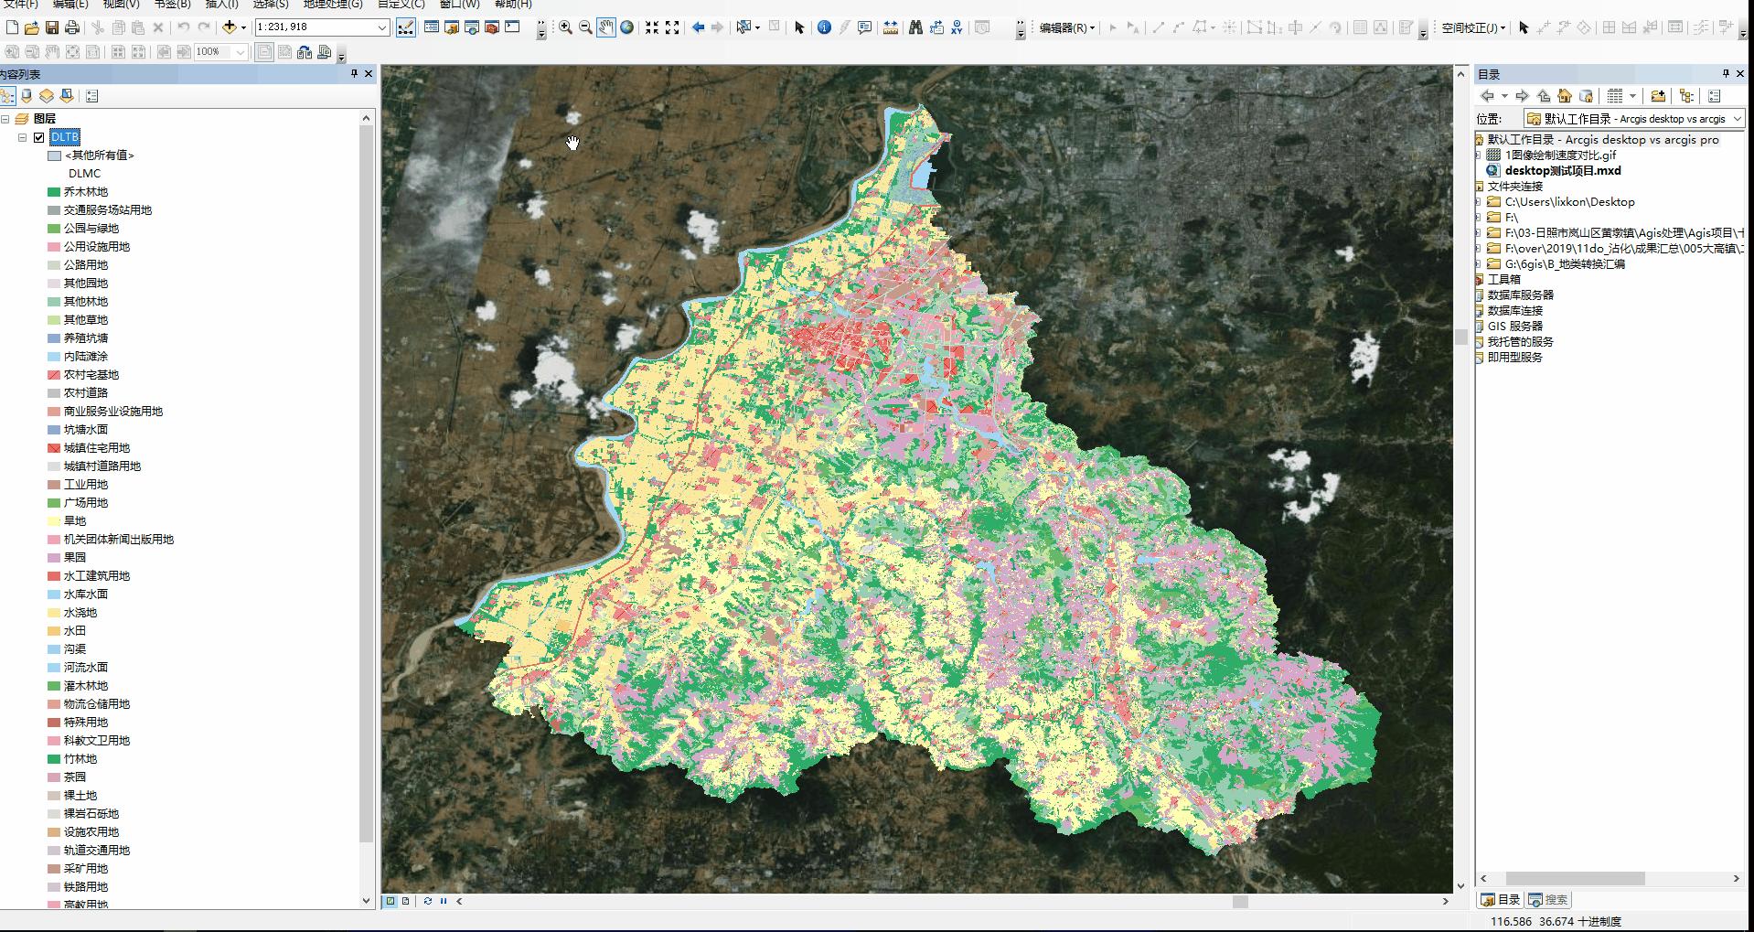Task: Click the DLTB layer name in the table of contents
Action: [x=65, y=137]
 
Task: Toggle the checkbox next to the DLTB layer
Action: [x=38, y=137]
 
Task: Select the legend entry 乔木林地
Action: [x=85, y=192]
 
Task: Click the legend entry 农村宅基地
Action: [x=91, y=375]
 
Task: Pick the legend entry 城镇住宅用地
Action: [x=96, y=448]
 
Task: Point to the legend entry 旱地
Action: [x=74, y=521]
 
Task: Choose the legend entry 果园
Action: [x=74, y=558]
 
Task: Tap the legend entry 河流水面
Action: [x=85, y=668]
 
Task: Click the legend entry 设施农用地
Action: [x=91, y=832]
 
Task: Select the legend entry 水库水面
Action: [x=85, y=595]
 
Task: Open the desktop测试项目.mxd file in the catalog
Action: [x=1562, y=171]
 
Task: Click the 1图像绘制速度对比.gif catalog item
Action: [x=1560, y=155]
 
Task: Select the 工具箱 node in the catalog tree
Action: [x=1503, y=280]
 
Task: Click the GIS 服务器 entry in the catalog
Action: [x=1514, y=327]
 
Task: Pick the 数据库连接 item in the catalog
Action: [x=1514, y=311]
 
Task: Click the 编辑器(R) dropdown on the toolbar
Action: [x=1066, y=28]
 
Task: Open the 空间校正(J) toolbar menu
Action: [x=1472, y=28]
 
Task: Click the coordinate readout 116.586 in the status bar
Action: [x=1511, y=922]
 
